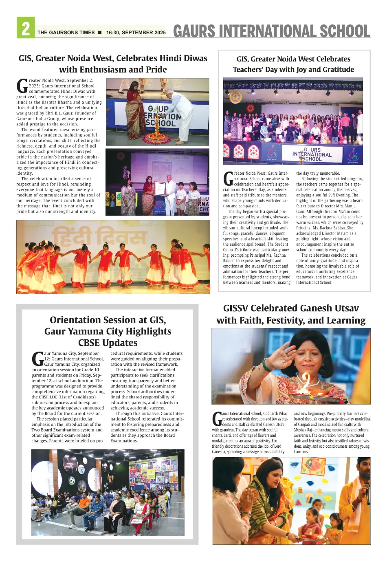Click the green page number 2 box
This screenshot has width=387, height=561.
[26, 28]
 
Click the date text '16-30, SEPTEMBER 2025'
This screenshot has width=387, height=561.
[136, 33]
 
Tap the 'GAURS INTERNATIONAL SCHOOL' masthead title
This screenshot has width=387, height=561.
[272, 31]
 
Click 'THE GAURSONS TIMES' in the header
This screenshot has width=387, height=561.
[66, 33]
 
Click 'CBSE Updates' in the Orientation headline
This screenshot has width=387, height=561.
[108, 343]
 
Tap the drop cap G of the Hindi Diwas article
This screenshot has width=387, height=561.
[22, 86]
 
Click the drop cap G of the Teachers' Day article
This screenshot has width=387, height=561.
[228, 178]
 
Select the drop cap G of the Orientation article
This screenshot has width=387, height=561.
[37, 359]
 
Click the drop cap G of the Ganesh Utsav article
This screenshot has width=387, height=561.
[217, 418]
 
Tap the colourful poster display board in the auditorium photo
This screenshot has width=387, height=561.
[153, 475]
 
